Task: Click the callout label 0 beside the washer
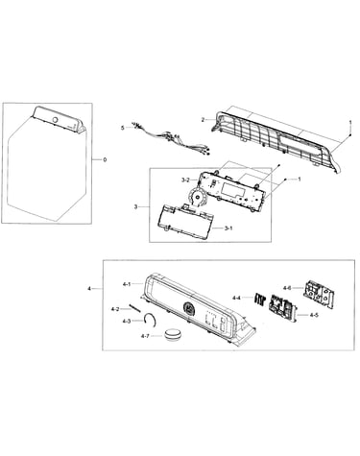105,159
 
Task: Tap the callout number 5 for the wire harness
122,128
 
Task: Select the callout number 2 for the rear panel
203,120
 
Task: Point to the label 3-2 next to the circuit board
185,180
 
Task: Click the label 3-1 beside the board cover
228,228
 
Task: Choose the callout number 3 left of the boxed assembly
135,207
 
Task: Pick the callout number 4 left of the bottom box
89,289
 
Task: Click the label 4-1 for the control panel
127,284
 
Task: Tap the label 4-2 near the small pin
115,309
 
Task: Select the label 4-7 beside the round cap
145,336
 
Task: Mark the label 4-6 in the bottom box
287,288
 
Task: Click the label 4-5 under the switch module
314,315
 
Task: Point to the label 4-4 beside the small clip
236,298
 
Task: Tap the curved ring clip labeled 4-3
154,318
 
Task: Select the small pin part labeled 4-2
134,308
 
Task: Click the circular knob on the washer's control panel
55,120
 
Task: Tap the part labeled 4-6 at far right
320,295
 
